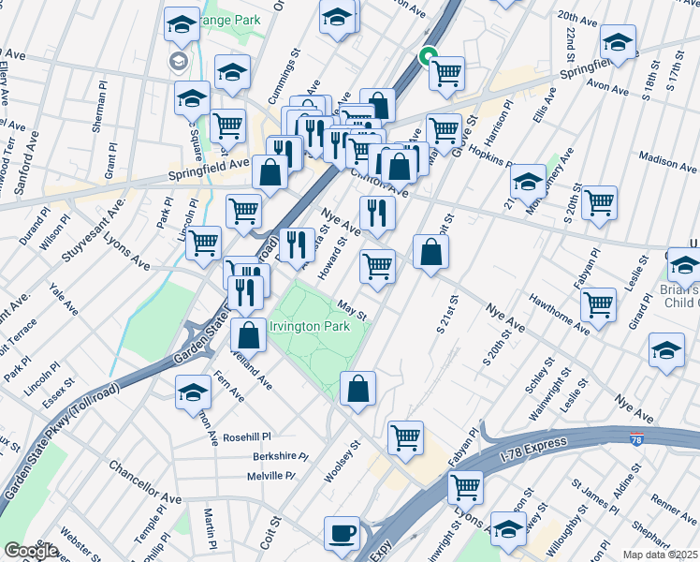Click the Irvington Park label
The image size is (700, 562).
click(x=309, y=326)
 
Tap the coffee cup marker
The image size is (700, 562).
click(x=342, y=533)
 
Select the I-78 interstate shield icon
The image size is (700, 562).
click(x=636, y=437)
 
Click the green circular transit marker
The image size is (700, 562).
click(x=428, y=55)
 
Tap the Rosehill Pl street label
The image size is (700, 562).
click(x=246, y=436)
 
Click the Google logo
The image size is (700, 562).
click(x=31, y=551)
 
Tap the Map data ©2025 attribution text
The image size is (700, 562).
click(x=661, y=555)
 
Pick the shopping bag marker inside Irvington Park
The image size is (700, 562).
click(x=357, y=390)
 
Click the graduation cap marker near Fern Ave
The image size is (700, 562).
click(x=193, y=392)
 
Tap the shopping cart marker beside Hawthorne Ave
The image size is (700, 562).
click(x=598, y=303)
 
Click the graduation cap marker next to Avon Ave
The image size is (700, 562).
click(x=619, y=42)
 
